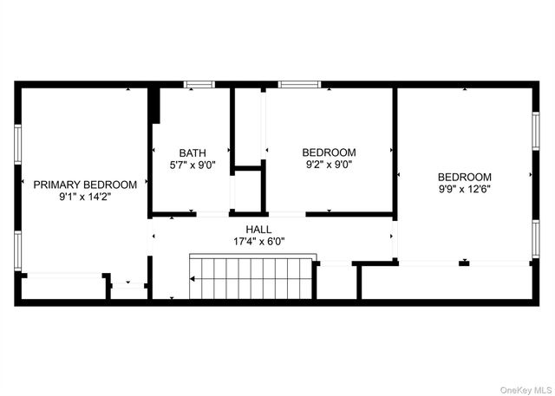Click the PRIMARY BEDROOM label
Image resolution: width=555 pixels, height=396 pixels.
(85, 185)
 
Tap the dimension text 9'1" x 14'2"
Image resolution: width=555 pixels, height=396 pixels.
(85, 197)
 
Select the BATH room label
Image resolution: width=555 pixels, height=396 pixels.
(193, 153)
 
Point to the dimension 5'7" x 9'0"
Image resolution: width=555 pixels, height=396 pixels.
(193, 165)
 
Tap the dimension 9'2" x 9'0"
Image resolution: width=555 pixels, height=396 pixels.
(330, 165)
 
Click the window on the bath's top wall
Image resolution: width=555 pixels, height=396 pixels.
(199, 85)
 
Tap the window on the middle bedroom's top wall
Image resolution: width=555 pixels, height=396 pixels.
(300, 85)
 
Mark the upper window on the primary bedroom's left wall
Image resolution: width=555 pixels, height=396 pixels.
(18, 143)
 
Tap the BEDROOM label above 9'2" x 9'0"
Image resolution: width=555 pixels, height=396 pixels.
(330, 153)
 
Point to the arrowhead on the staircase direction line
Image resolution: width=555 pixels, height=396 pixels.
(193, 279)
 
